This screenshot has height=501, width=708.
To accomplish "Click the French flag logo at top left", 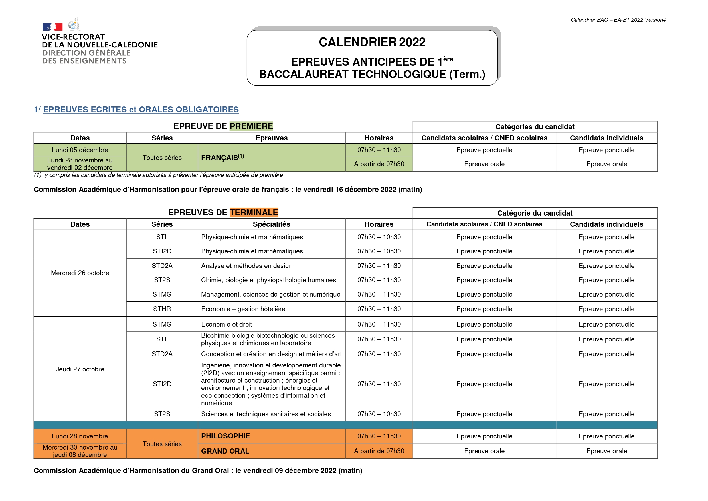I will pos(52,27).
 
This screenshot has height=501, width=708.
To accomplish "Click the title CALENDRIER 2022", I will pos(372,42).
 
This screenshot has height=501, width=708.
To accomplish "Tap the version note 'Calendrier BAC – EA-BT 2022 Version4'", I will pos(618,20).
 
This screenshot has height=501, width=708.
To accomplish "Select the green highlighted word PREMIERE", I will pos(251,126).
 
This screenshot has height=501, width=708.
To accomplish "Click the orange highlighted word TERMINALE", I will pos(254,212).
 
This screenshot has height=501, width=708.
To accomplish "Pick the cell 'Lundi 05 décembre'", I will pos(80,150).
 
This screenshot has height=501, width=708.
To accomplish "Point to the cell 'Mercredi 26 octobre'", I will pos(80,273).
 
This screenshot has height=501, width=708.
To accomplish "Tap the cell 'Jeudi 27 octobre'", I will pos(80,369).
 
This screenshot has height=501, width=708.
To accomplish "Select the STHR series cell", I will pos(162,309).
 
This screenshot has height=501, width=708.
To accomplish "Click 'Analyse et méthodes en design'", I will pos(247,266).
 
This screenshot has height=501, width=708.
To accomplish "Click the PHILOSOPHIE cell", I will pos(225,436).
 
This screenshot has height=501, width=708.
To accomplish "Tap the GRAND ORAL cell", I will pos(225,451).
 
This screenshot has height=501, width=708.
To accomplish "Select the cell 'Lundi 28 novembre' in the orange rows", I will pos(80,436).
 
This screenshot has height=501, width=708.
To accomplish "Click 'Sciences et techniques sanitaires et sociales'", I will pos(266,414).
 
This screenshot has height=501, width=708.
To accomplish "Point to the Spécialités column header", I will pos(271,224).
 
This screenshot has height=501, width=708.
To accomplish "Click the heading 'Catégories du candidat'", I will pos(535,127).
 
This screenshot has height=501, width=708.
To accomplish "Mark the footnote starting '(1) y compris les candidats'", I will pos(158,175).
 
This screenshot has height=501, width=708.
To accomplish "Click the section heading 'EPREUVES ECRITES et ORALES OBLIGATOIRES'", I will pos(141,110).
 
